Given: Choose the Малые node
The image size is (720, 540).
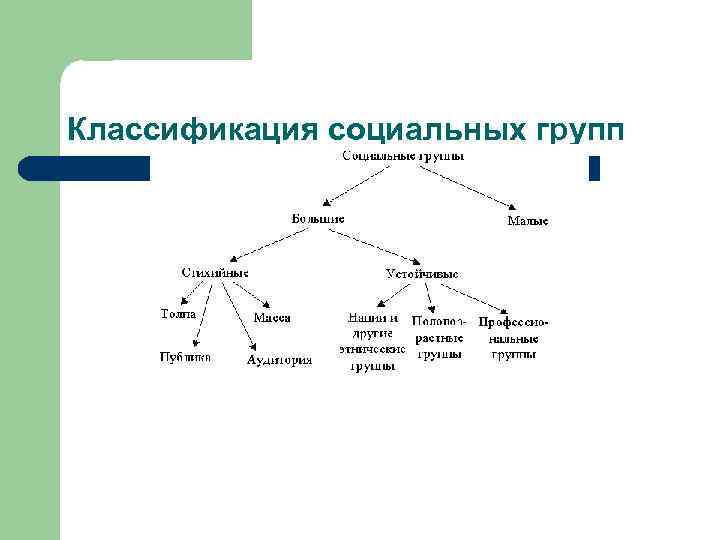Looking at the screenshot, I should [528, 220].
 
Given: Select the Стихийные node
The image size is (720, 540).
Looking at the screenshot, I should [215, 272].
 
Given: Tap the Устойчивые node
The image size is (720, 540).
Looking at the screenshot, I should [422, 273].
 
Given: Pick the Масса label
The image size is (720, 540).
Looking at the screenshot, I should [272, 318].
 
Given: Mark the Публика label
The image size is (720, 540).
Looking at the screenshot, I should [185, 357].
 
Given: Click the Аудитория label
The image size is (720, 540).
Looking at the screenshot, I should [279, 361].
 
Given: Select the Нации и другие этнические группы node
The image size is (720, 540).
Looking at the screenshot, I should [373, 342].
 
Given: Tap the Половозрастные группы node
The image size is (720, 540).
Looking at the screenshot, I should [440, 338].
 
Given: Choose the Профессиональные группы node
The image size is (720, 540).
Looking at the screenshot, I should [514, 338].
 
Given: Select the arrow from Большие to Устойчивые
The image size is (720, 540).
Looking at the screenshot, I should [375, 245].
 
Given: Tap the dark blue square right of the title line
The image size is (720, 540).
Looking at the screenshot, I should [594, 169].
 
